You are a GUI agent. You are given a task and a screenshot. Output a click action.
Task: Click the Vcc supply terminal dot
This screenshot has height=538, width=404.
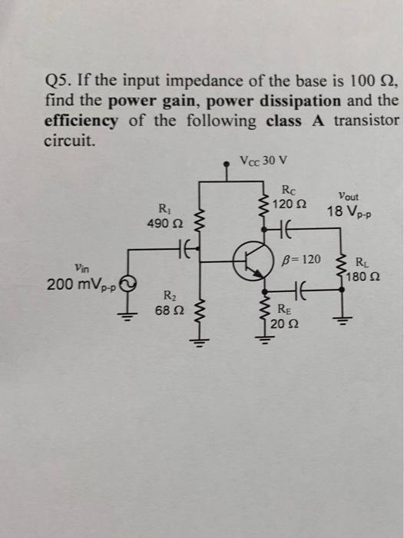click(227, 162)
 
